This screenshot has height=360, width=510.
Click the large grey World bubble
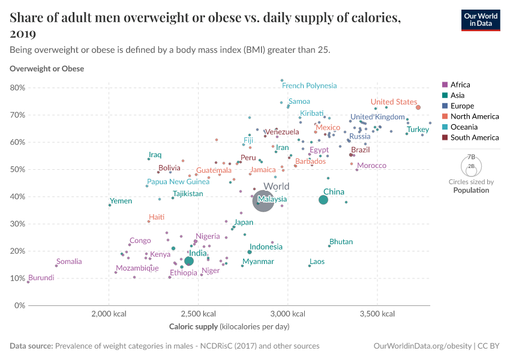tap(263, 203)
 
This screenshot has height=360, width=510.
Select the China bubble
tap(323, 200)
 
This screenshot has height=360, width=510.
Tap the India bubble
tap(189, 261)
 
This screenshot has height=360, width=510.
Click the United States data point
tap(418, 107)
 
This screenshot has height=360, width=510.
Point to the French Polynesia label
tap(309, 86)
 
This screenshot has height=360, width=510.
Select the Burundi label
tap(41, 278)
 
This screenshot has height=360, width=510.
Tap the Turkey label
tap(418, 130)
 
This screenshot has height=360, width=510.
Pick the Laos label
tap(317, 262)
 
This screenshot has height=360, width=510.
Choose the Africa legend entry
tap(460, 85)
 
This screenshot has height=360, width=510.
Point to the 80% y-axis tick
tap(17, 88)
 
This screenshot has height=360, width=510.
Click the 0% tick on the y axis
tap(20, 305)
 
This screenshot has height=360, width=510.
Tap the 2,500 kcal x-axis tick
tap(198, 314)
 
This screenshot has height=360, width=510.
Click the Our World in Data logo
tap(480, 20)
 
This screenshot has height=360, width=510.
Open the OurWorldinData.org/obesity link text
tap(421, 346)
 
